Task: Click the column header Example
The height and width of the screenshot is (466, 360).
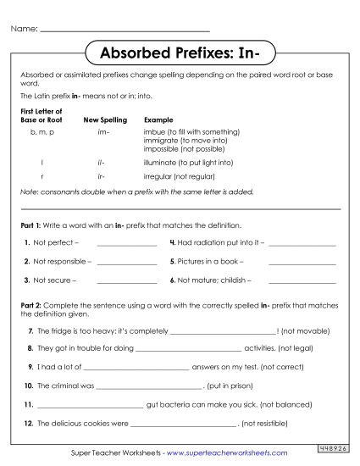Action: [158, 119]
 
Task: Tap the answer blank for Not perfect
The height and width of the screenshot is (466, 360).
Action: [127, 244]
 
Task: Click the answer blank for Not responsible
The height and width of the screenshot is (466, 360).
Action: [127, 262]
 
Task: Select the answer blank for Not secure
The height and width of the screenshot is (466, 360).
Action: [127, 280]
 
